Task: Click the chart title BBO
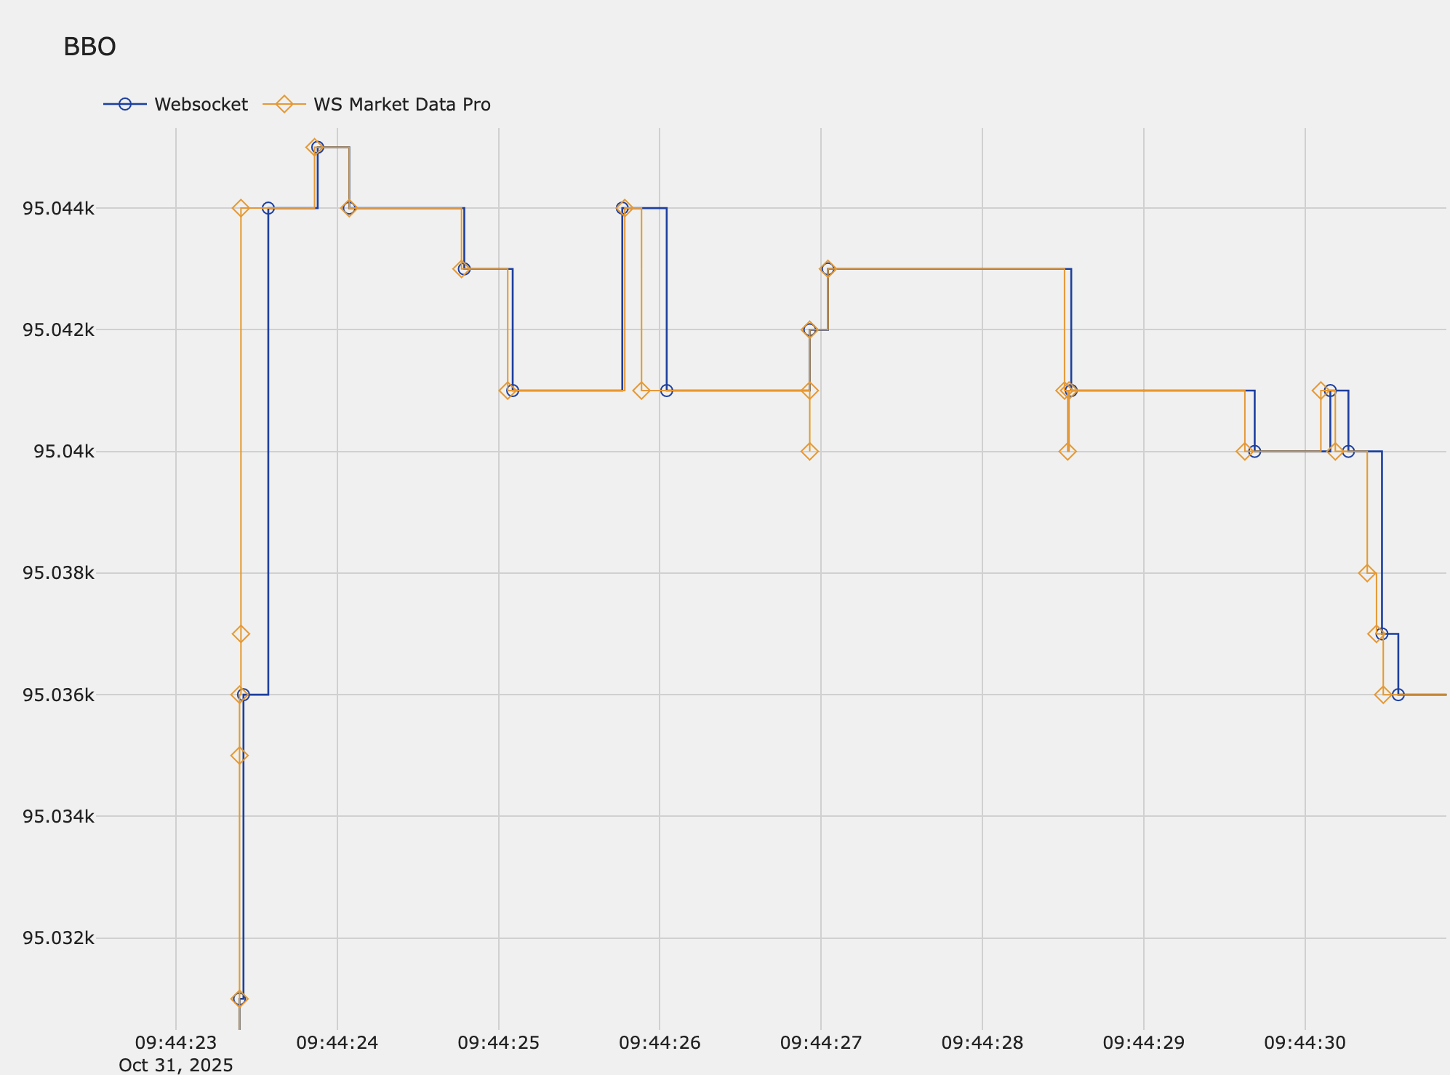tap(89, 47)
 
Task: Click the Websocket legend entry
tap(200, 105)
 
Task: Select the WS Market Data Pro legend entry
tap(401, 105)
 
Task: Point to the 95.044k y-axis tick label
tap(58, 209)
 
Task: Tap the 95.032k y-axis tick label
tap(58, 938)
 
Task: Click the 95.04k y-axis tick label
tap(63, 452)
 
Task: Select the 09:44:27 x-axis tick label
tap(821, 1043)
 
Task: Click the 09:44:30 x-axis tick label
tap(1305, 1043)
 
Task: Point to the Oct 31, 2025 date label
tap(176, 1066)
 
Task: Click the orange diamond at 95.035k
tap(239, 756)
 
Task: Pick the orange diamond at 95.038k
tap(1367, 573)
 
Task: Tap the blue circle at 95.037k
tap(1382, 634)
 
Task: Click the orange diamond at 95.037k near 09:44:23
tap(241, 634)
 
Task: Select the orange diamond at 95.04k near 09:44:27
tap(809, 452)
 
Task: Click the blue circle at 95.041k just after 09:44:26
tap(667, 391)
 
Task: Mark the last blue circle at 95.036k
tap(1398, 695)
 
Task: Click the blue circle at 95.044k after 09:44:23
tap(268, 208)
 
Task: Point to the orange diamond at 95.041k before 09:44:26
tap(641, 391)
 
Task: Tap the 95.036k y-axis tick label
tap(58, 695)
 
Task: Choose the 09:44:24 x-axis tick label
tap(337, 1043)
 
